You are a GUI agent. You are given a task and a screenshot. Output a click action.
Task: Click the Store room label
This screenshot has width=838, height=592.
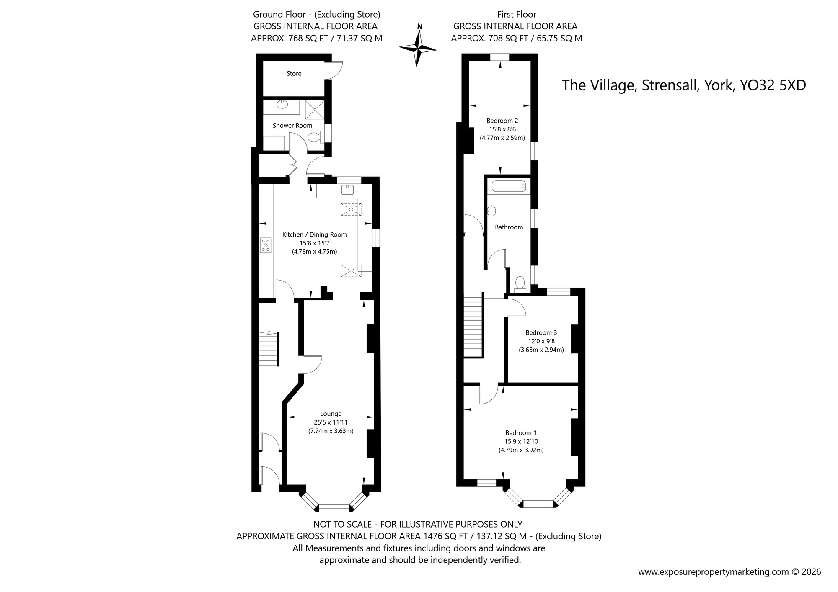tap(294, 74)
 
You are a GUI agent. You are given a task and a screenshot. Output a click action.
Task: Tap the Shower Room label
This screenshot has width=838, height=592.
tap(292, 126)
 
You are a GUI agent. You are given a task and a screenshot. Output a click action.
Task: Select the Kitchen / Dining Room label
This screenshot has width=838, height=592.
tap(314, 234)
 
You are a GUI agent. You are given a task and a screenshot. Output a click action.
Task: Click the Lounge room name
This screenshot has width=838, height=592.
tap(331, 414)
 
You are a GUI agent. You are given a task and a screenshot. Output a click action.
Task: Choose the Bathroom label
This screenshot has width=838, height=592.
tap(509, 227)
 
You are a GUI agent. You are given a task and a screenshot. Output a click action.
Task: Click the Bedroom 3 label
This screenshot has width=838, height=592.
tap(541, 332)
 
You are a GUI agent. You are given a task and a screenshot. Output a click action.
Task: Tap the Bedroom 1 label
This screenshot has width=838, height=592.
tap(521, 433)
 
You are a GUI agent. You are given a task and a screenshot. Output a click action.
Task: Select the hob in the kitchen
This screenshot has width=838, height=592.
tap(266, 245)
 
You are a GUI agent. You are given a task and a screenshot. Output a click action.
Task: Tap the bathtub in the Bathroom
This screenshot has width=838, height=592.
tap(508, 186)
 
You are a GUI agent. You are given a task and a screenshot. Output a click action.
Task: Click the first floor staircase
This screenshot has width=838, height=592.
tap(473, 325)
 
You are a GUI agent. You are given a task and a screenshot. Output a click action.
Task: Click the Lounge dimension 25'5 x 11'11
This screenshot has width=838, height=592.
tap(331, 422)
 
